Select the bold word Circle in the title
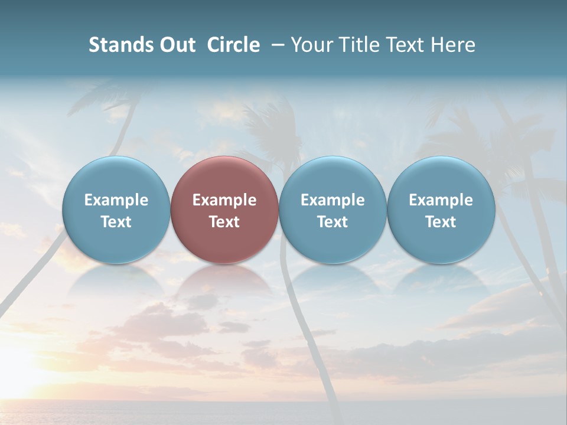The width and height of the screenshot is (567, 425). click(x=233, y=45)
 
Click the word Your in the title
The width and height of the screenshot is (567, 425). click(x=310, y=45)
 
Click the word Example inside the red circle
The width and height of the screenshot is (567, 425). click(x=224, y=200)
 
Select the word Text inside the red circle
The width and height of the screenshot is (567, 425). click(x=224, y=222)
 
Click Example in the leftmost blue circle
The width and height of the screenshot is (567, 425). click(x=116, y=200)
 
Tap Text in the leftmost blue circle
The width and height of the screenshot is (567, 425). click(x=116, y=222)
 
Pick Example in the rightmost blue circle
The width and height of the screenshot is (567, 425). click(x=441, y=200)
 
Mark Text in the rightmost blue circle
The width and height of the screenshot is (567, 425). click(x=441, y=222)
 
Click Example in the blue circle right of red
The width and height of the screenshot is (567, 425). click(x=333, y=200)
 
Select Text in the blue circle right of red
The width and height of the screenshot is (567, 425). click(x=333, y=222)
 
